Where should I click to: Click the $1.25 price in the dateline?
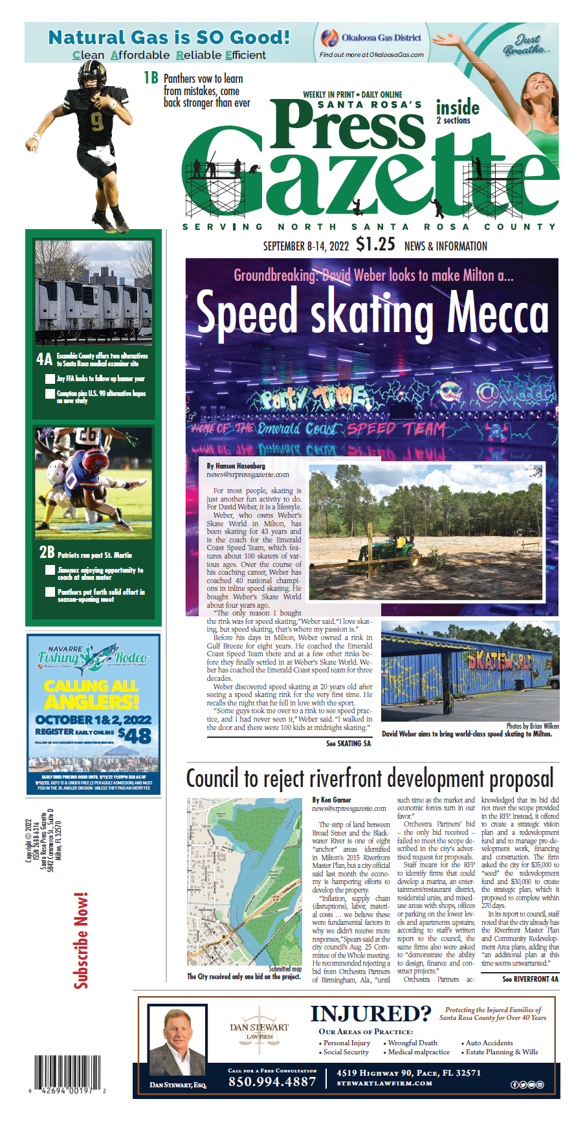tap(375, 245)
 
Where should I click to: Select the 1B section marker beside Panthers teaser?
tap(151, 78)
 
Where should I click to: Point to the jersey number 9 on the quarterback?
tap(96, 121)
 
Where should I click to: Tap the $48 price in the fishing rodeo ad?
tap(135, 735)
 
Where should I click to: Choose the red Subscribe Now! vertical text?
tap(81, 940)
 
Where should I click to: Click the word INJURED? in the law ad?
tap(370, 1014)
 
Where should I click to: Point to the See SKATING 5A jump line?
tap(348, 744)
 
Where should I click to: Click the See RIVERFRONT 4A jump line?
tap(530, 979)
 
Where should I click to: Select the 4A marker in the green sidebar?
tap(44, 359)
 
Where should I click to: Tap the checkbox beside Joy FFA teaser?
tap(50, 379)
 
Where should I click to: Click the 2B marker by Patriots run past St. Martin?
tap(47, 552)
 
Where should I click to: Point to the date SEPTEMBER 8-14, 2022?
tap(305, 246)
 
